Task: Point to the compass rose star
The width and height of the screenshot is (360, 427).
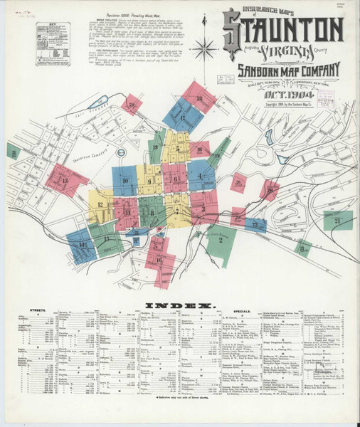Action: pos(204,50)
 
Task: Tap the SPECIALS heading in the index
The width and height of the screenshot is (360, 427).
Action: pos(240,311)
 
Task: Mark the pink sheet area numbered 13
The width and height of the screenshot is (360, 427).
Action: pos(65,181)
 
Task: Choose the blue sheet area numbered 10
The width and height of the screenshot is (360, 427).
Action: pos(125,181)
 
